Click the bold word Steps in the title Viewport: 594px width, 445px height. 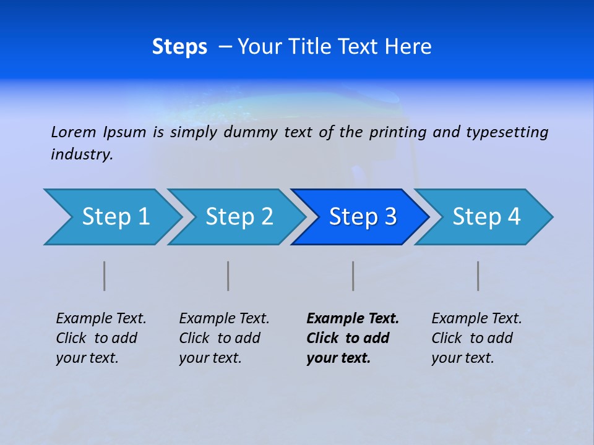(179, 47)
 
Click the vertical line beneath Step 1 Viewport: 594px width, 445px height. (105, 276)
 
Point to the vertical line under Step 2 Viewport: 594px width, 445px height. (228, 276)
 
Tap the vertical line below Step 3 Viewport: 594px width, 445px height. (353, 276)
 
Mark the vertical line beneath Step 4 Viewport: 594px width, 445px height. (478, 276)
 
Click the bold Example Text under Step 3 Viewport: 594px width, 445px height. (353, 318)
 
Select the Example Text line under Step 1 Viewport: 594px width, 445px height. (101, 318)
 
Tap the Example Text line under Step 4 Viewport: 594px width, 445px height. (476, 318)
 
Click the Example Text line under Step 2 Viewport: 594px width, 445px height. (224, 318)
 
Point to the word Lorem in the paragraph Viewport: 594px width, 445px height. (74, 132)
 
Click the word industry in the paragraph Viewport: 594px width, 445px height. (81, 154)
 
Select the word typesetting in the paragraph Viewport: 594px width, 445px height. (507, 132)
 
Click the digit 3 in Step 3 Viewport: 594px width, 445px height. (390, 217)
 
